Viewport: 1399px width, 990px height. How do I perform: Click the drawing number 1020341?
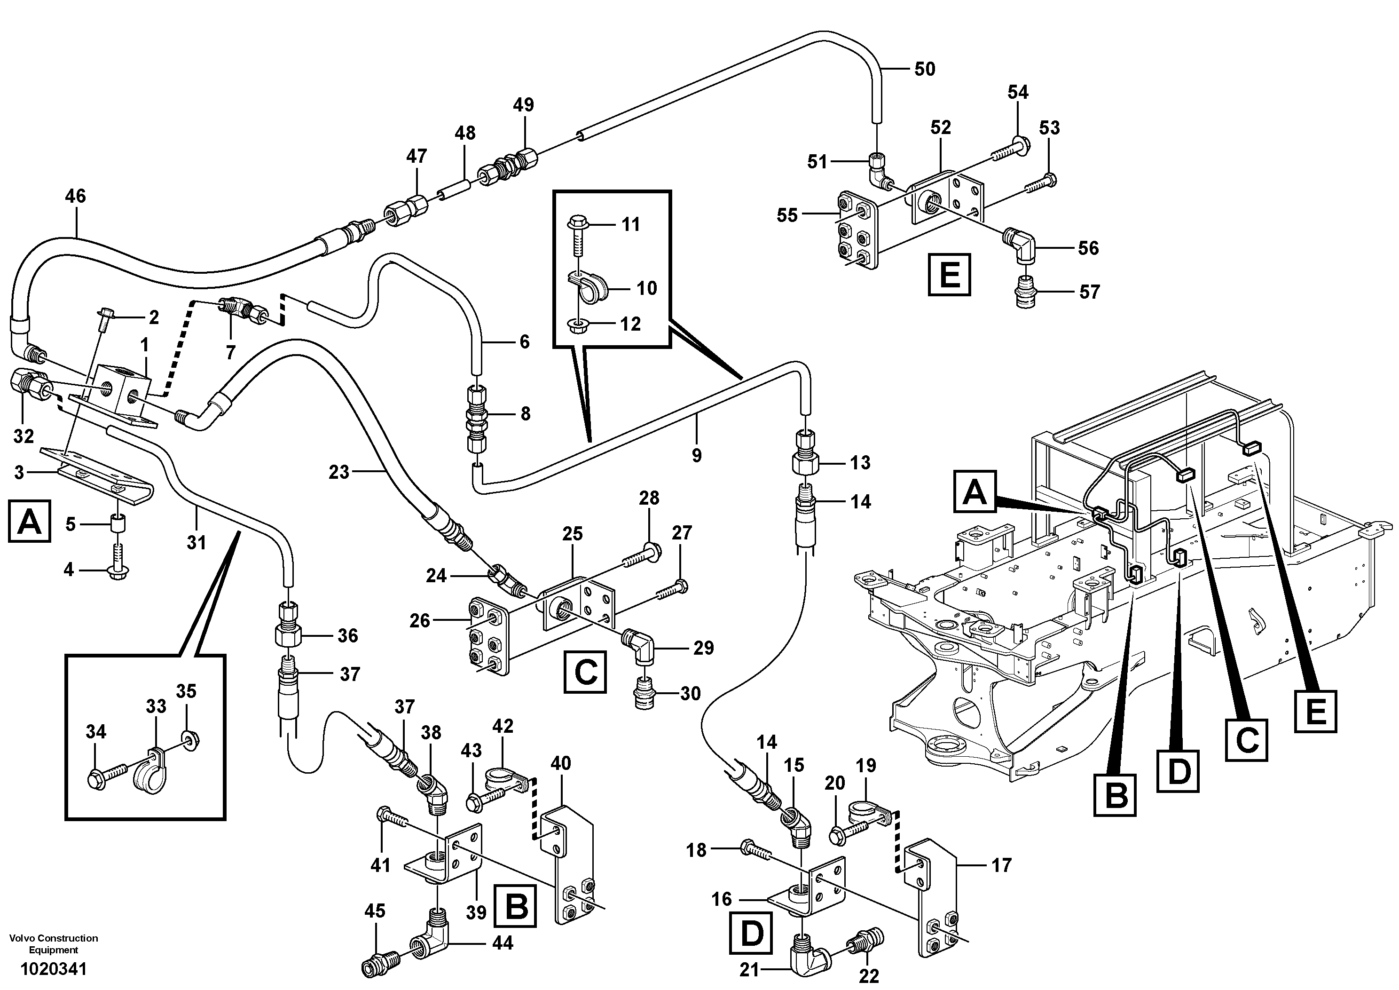click(x=54, y=968)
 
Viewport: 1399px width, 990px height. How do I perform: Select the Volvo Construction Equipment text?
click(x=54, y=943)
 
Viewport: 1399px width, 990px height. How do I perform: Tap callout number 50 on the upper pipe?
click(x=924, y=70)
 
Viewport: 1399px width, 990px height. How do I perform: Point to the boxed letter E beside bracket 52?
click(x=949, y=275)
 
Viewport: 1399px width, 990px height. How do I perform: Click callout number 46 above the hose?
click(x=76, y=196)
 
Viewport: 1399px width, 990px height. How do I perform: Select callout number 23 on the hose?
click(x=339, y=471)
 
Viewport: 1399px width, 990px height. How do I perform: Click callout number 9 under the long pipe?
click(x=697, y=455)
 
